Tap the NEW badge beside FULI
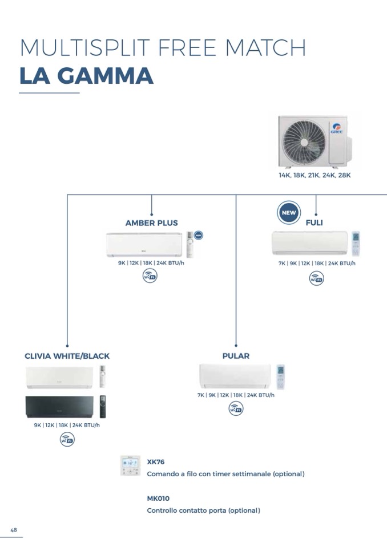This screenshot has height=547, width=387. [289, 213]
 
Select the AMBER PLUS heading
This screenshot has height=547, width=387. [151, 223]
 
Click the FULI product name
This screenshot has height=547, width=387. [314, 223]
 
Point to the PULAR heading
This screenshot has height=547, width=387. [236, 356]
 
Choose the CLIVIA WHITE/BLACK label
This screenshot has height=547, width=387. [67, 356]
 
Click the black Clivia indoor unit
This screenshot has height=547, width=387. [59, 407]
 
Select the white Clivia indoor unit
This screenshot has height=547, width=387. [59, 376]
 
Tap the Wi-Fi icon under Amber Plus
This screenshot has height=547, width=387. [150, 276]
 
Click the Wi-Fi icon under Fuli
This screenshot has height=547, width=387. [316, 279]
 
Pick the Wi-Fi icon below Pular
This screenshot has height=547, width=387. [236, 408]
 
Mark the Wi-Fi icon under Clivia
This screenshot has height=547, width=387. [67, 440]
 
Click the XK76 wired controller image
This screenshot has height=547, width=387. [130, 465]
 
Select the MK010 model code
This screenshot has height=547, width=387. [158, 498]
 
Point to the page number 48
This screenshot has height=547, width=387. [14, 530]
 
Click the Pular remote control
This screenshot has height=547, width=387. [280, 376]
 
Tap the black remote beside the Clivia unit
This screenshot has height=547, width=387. [103, 406]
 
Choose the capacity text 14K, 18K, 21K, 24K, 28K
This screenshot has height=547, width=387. [315, 176]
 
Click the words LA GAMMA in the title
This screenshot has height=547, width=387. [86, 76]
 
